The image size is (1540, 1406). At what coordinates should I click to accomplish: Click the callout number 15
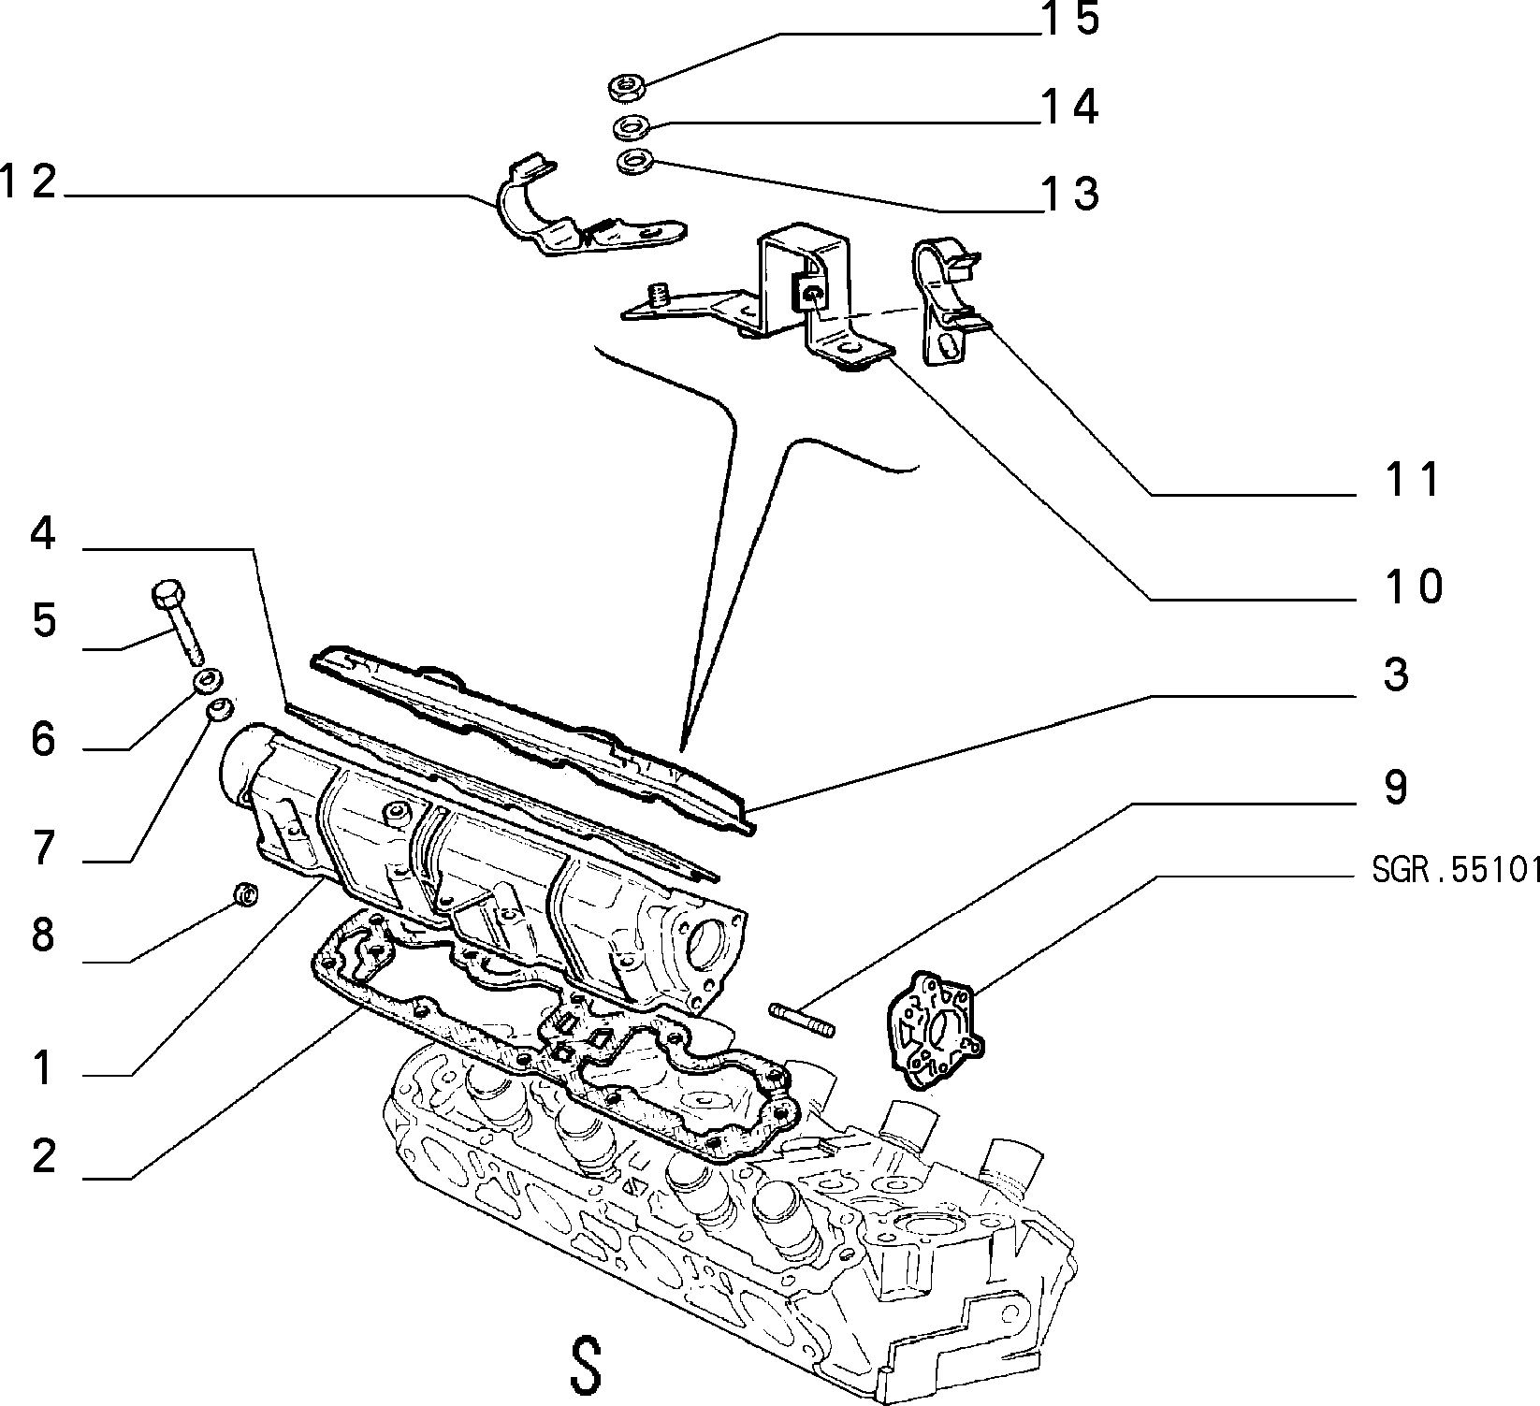tap(1070, 19)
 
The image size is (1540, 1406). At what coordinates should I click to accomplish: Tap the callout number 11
tap(1414, 480)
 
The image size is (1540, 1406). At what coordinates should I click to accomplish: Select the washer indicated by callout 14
tap(632, 125)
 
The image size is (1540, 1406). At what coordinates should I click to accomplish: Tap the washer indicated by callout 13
tap(636, 162)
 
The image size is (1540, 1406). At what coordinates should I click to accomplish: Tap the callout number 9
tap(1395, 788)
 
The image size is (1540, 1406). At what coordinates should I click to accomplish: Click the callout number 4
tap(43, 534)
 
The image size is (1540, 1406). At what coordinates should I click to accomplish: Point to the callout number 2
tap(44, 1158)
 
